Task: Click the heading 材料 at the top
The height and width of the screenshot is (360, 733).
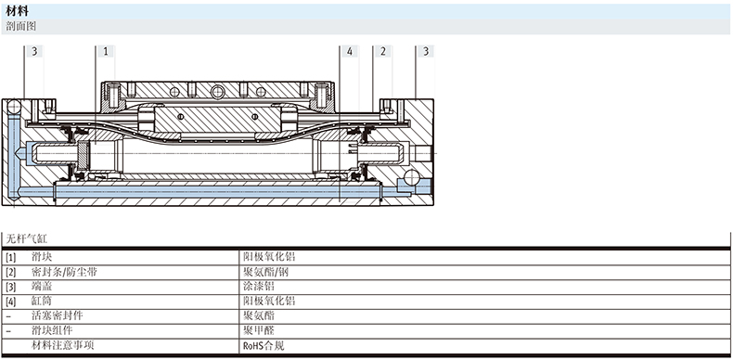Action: point(18,11)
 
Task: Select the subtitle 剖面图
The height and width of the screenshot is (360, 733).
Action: point(21,27)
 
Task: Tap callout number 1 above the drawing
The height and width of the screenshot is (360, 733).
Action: point(106,51)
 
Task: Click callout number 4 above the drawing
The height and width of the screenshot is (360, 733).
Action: point(350,51)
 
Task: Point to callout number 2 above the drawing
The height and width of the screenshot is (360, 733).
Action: point(383,51)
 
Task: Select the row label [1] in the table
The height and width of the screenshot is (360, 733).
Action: point(11,257)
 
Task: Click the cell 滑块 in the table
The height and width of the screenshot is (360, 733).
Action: point(42,256)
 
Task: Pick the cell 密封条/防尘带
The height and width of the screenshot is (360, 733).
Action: point(64,271)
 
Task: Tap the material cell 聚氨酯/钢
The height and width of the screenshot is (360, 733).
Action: point(266,271)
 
